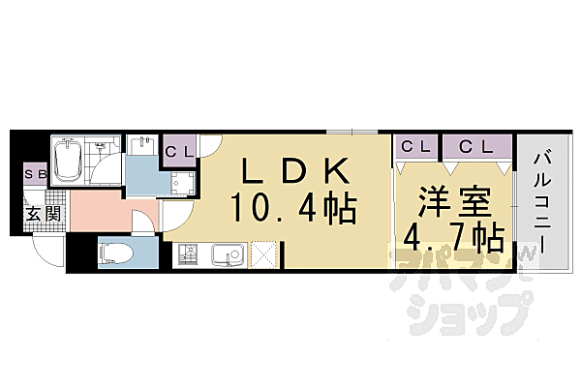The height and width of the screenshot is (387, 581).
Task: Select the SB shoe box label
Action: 34,175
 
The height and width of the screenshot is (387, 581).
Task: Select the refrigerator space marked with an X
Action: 264,255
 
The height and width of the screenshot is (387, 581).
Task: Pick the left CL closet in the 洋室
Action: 416,146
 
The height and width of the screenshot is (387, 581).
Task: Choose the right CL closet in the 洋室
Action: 475,146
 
